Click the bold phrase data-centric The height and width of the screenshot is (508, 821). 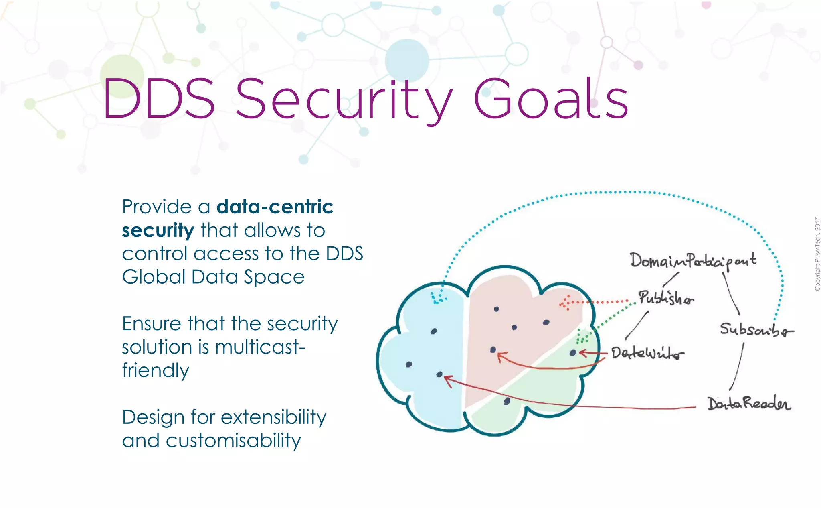pyautogui.click(x=275, y=207)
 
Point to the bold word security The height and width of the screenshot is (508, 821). pyautogui.click(x=158, y=231)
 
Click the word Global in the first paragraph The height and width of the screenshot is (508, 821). pyautogui.click(x=154, y=277)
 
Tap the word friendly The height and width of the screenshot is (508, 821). pyautogui.click(x=156, y=370)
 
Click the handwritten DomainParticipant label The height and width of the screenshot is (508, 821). pyautogui.click(x=693, y=261)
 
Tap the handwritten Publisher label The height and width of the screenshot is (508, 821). pyautogui.click(x=666, y=298)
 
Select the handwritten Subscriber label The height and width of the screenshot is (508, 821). pyautogui.click(x=756, y=330)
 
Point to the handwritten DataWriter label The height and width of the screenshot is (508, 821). pyautogui.click(x=647, y=353)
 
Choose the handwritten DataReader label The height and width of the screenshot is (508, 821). pyautogui.click(x=749, y=404)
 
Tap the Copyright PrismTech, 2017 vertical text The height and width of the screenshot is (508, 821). pyautogui.click(x=817, y=254)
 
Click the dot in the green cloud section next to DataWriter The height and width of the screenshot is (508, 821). pyautogui.click(x=572, y=353)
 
